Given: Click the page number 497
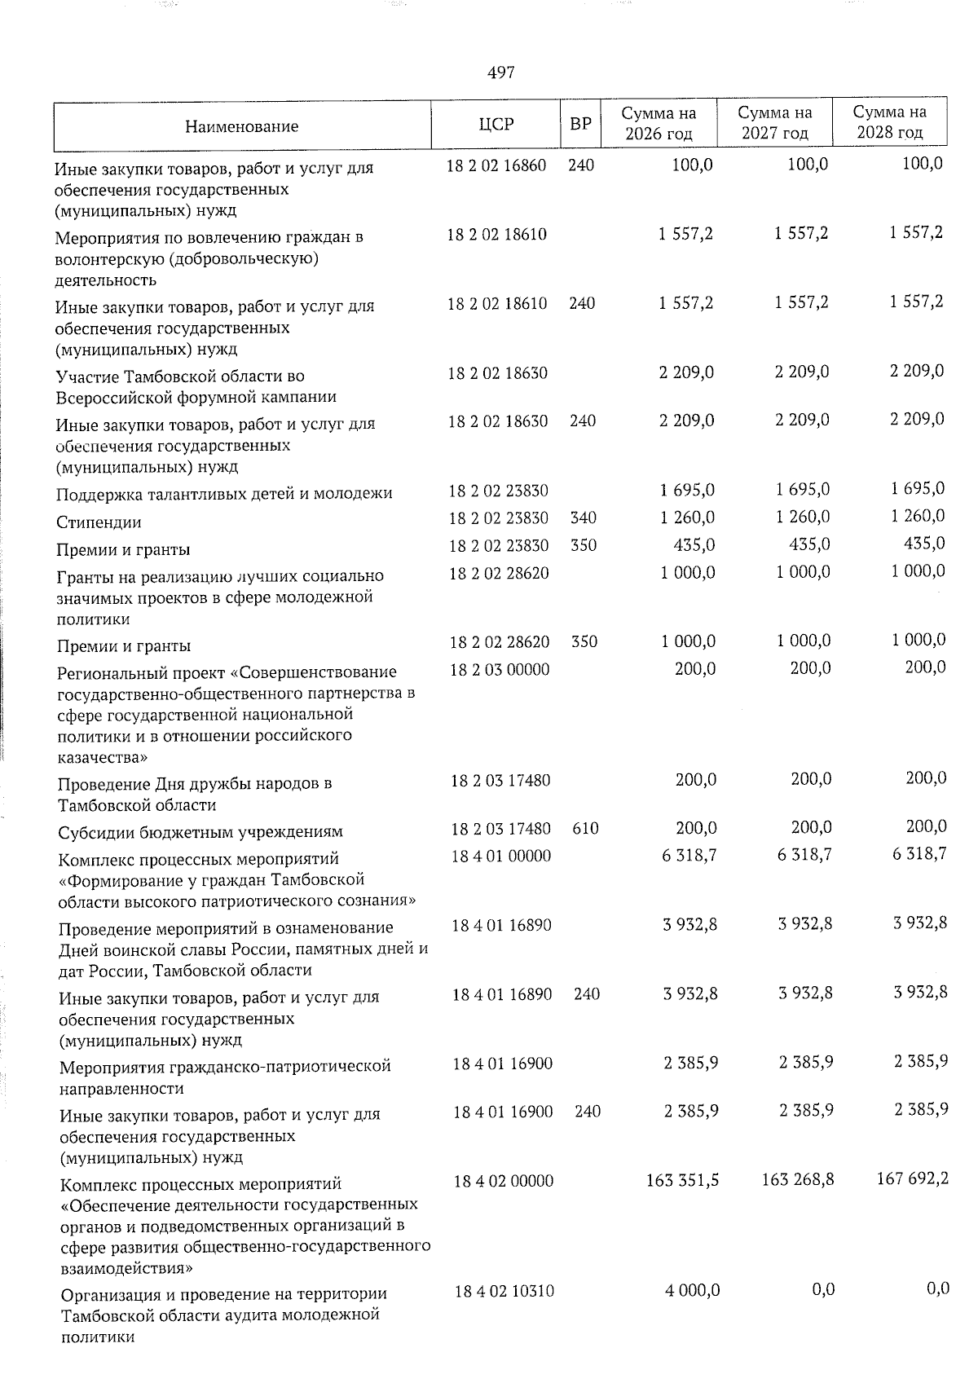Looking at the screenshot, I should tap(500, 73).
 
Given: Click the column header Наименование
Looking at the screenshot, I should tap(241, 126).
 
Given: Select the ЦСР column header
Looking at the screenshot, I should tap(496, 125).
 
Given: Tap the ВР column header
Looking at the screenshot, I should tap(580, 125).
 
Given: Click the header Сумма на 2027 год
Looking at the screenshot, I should tap(774, 123).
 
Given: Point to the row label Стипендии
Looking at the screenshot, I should tap(99, 522).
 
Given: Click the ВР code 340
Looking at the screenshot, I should tap(584, 518).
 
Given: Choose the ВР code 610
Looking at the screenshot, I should tap(585, 829).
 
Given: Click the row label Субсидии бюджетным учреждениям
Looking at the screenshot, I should tap(200, 832).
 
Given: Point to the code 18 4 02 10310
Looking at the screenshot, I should tap(504, 1292).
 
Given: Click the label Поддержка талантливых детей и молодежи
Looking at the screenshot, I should tap(224, 494).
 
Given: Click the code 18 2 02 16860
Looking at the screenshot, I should tap(497, 165).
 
